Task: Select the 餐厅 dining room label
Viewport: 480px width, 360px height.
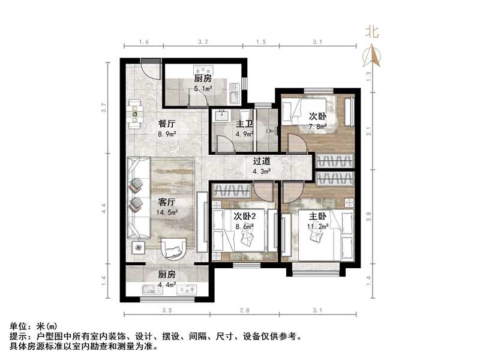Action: point(166,124)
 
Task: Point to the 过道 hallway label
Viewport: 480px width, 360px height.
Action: point(261,161)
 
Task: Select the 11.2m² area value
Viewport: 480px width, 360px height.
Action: point(318,226)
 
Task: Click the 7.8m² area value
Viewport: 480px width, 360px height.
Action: point(318,126)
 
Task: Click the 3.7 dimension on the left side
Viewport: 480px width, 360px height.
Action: point(104,109)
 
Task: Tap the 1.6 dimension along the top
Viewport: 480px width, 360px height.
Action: point(143,42)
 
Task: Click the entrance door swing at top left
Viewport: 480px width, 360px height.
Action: point(150,72)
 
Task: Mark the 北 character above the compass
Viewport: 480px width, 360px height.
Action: point(373,32)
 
